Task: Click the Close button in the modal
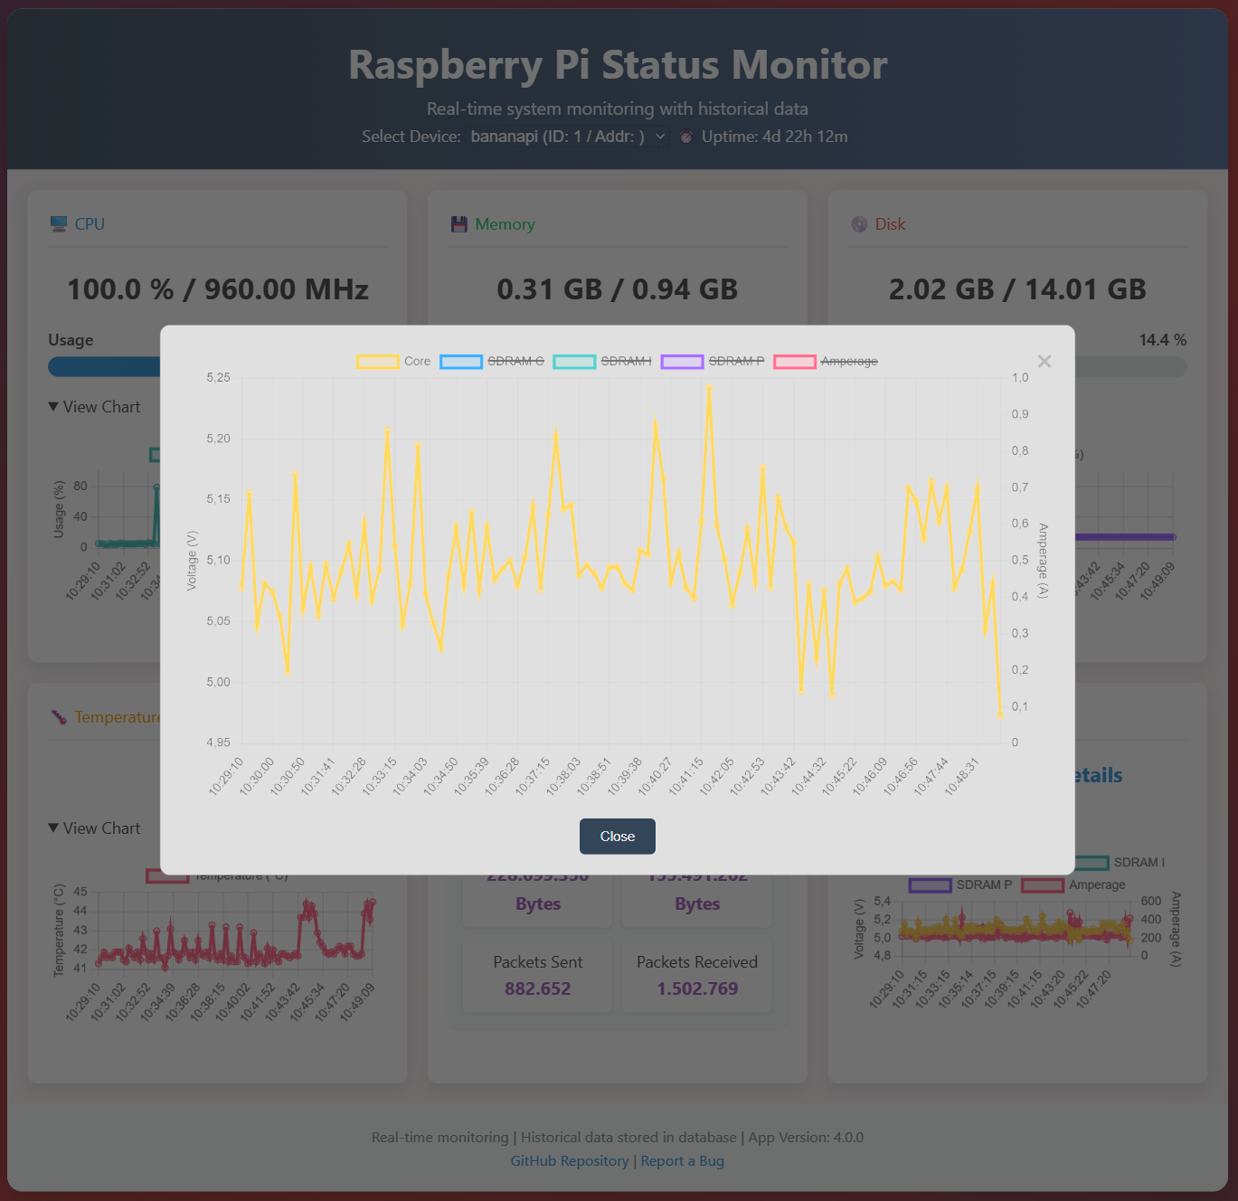coord(617,837)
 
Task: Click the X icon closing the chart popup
coord(1044,362)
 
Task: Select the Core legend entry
coord(394,362)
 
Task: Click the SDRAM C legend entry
coord(493,362)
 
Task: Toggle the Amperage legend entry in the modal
coord(826,362)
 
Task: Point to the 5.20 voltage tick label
coord(218,439)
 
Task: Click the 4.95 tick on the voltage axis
coord(218,742)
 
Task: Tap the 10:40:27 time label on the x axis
coord(655,777)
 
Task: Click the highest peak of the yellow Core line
coord(709,387)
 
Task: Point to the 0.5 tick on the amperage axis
coord(1020,560)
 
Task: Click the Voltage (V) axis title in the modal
coord(191,561)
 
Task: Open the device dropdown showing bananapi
coord(568,137)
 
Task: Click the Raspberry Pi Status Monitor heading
coord(618,65)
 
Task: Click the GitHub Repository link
coord(569,1161)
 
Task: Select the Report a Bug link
coord(682,1161)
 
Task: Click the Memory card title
coord(505,224)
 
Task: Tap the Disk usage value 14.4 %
coord(1162,340)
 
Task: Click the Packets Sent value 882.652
coord(537,988)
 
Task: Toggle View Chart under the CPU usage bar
coord(95,407)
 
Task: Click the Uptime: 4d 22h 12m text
coord(774,137)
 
